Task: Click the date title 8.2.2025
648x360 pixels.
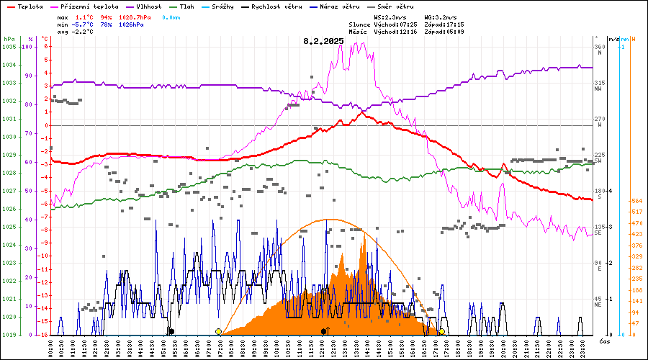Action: coord(323,42)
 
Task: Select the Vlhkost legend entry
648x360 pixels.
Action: coord(142,6)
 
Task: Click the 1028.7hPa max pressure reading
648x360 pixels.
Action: coord(136,16)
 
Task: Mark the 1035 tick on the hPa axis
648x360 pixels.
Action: coord(9,47)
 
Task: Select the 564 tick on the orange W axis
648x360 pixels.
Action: coord(637,201)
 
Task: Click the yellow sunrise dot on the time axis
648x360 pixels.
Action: coord(218,331)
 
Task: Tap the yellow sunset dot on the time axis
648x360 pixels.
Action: coord(441,331)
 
